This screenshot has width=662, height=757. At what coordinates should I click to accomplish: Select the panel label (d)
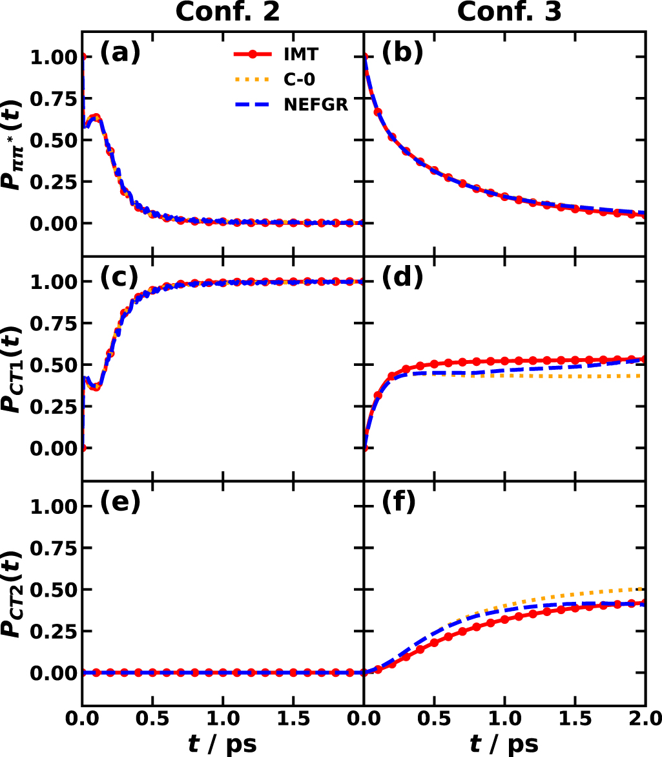[402, 279]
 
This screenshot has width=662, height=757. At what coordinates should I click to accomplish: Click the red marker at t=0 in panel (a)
[83, 57]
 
